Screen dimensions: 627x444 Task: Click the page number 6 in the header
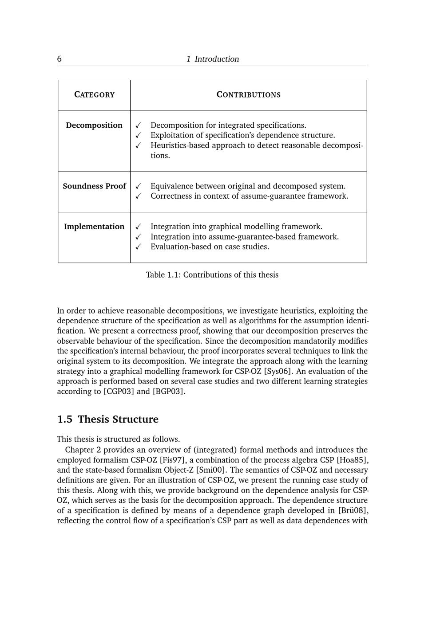point(59,59)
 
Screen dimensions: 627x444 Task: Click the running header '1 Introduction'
point(213,59)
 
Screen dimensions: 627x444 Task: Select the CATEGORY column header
point(94,94)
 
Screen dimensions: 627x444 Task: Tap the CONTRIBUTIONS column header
point(248,94)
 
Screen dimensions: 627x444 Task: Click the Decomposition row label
point(94,125)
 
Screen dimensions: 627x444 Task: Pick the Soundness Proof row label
point(94,186)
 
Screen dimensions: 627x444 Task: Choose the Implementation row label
point(94,226)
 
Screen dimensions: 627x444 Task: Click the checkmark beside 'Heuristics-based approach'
point(139,145)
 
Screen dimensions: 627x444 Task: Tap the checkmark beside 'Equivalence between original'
point(139,186)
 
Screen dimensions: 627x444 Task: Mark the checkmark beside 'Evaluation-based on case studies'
point(139,247)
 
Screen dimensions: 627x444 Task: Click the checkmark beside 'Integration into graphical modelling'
point(139,227)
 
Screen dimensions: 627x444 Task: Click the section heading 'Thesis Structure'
point(118,419)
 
